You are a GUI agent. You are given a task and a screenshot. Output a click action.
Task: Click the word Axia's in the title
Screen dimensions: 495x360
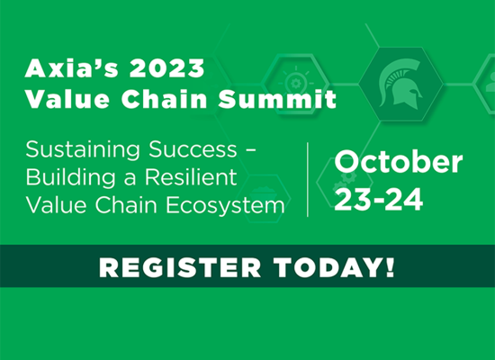click(x=71, y=68)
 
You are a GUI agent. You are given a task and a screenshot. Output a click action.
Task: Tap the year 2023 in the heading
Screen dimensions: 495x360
click(x=166, y=68)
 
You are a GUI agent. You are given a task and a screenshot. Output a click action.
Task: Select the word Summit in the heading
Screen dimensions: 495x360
click(x=277, y=99)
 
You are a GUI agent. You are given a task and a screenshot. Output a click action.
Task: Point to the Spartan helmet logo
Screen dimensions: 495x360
click(x=400, y=84)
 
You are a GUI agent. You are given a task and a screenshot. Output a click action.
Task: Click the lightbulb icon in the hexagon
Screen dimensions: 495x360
click(x=296, y=82)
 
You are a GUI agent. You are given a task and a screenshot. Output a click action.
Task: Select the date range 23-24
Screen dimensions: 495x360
click(x=379, y=200)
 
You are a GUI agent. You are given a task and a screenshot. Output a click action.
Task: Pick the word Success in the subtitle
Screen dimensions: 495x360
click(x=193, y=149)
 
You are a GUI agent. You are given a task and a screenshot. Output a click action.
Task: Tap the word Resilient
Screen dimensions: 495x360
click(x=191, y=176)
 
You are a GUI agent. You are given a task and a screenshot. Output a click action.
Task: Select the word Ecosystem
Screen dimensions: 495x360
click(x=225, y=205)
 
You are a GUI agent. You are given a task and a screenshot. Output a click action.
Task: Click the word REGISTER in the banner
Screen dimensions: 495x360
click(x=180, y=268)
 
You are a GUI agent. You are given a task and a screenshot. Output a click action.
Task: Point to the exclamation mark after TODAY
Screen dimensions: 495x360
click(x=390, y=267)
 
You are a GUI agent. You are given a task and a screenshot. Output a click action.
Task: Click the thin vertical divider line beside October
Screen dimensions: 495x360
click(x=308, y=179)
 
